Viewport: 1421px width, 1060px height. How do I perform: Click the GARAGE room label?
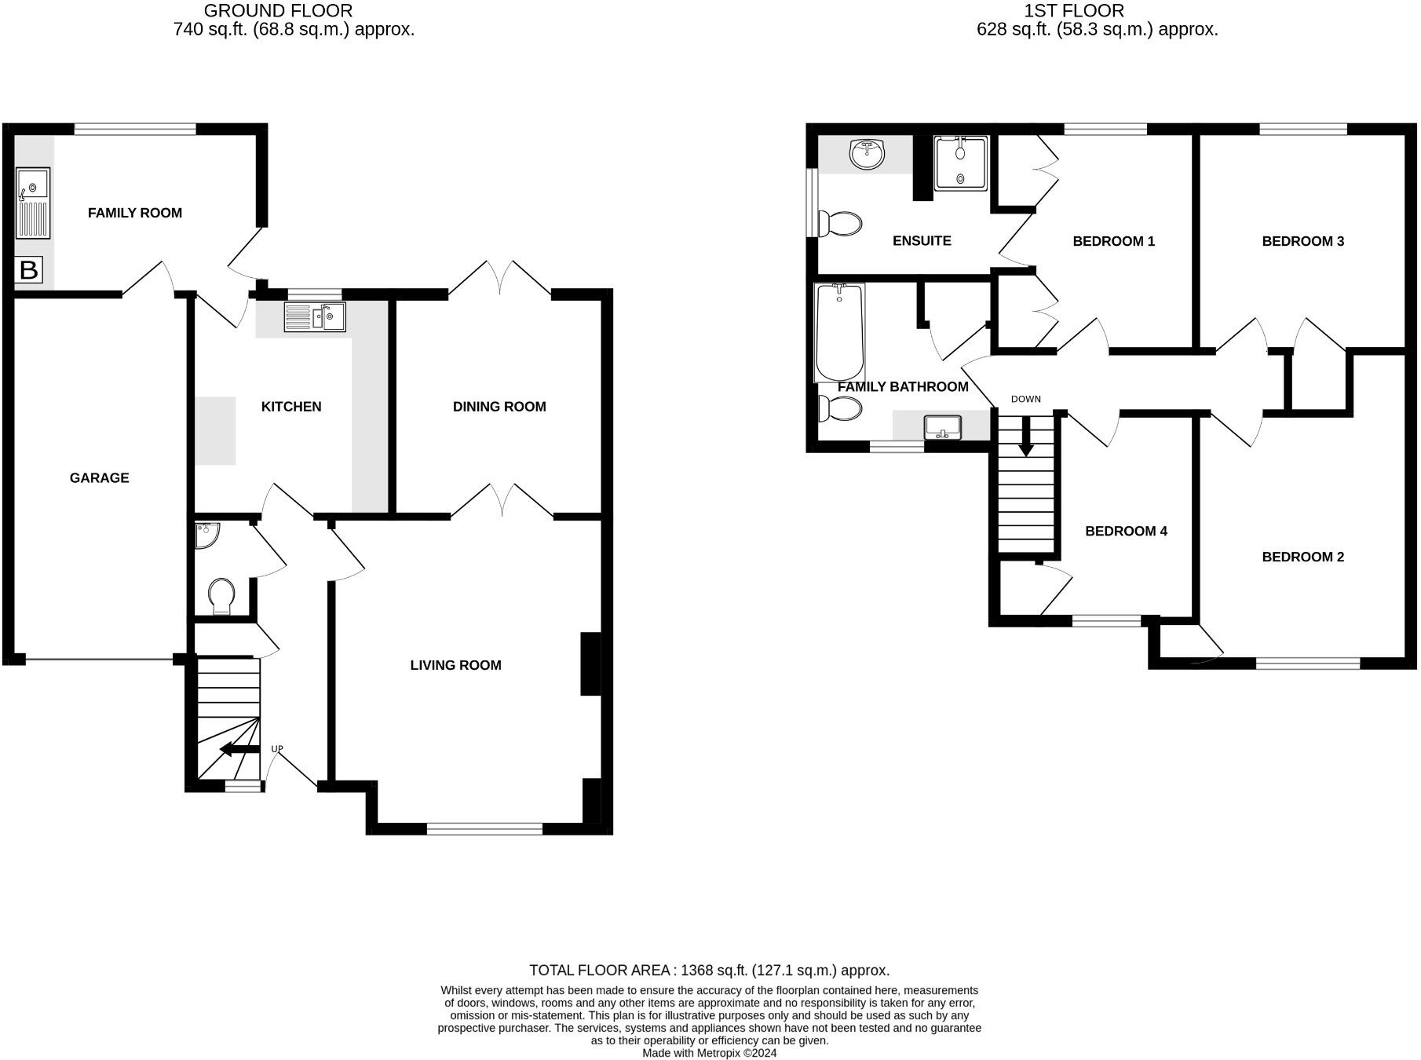point(99,477)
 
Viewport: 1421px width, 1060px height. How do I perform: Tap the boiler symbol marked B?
point(28,270)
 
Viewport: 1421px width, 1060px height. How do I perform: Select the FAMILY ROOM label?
point(134,213)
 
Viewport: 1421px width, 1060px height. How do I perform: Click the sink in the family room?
point(33,203)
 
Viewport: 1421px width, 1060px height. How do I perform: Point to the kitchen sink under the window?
point(315,317)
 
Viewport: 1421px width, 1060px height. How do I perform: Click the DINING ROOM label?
point(499,407)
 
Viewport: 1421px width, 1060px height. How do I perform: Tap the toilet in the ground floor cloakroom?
point(222,596)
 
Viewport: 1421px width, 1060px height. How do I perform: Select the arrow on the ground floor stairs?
point(239,749)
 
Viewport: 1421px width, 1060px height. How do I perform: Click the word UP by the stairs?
point(277,749)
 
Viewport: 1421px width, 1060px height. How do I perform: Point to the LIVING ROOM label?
point(455,666)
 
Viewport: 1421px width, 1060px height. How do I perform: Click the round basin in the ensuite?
point(868,153)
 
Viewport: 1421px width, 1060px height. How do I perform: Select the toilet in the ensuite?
point(840,224)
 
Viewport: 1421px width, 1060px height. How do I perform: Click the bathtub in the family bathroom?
point(839,333)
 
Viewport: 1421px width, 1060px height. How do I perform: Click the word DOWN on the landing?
point(1025,399)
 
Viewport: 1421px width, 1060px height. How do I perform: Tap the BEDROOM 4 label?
point(1126,532)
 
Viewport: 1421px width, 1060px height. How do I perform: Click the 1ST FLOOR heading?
point(1074,11)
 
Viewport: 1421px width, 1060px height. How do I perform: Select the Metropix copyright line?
point(709,1053)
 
